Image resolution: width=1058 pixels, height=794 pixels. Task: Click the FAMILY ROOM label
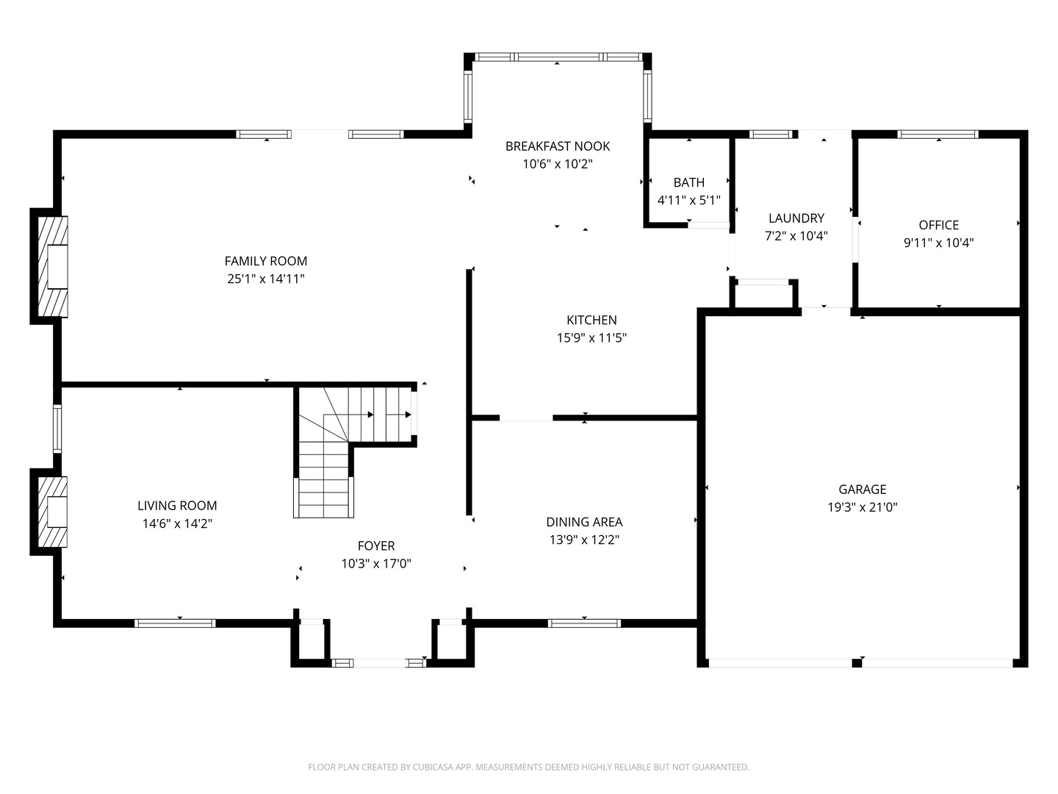pos(265,261)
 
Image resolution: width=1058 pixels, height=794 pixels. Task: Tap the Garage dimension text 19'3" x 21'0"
pos(862,507)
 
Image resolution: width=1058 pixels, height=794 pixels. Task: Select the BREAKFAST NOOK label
pos(557,146)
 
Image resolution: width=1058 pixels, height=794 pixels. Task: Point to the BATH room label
pos(688,182)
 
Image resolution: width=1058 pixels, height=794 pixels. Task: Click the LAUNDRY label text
pos(796,218)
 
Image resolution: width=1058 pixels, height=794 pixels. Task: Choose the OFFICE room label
pos(938,225)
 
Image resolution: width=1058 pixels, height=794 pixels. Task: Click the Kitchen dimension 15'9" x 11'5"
pos(591,338)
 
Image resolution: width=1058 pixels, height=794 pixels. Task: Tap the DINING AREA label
pos(584,522)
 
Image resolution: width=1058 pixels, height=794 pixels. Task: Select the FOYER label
pos(375,546)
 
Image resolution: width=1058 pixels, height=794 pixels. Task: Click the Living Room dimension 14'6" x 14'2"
pos(177,524)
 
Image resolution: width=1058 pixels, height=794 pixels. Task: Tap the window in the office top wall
pos(938,135)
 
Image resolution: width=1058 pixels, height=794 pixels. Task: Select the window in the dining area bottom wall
pos(584,623)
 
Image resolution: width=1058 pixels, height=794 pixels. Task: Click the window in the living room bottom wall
pos(175,623)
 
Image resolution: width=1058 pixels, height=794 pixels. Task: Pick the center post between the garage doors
pos(857,663)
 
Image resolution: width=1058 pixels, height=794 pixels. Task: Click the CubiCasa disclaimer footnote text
pos(528,768)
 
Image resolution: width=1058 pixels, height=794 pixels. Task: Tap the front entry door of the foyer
pos(378,663)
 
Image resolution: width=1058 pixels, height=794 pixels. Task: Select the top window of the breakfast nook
pos(557,57)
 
